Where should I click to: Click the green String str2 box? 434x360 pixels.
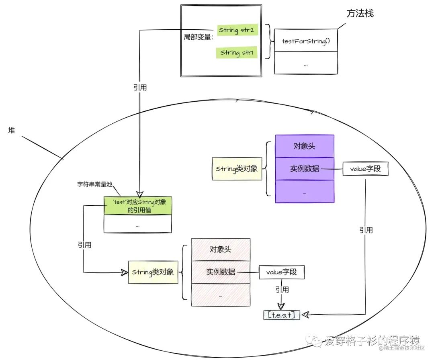point(237,30)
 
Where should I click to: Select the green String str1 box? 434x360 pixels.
point(236,52)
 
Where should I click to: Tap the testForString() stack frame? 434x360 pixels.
point(305,41)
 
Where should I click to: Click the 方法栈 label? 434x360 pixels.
point(360,13)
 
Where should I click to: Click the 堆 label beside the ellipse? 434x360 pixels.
point(11,131)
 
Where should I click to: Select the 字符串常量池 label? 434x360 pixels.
point(94,184)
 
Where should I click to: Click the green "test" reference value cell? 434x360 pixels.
point(138,206)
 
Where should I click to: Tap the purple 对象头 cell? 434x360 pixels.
point(304,146)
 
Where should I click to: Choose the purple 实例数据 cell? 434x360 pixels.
point(304,169)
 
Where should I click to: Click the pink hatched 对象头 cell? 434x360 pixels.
point(221,249)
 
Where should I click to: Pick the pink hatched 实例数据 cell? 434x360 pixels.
point(221,272)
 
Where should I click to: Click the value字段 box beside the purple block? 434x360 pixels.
point(366,169)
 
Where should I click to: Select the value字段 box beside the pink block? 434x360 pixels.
point(281,272)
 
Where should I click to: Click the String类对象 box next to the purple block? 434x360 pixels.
point(237,169)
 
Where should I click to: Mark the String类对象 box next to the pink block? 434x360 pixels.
point(153,272)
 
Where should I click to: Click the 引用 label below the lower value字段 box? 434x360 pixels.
point(282,289)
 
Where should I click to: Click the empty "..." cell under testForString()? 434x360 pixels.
point(305,63)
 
